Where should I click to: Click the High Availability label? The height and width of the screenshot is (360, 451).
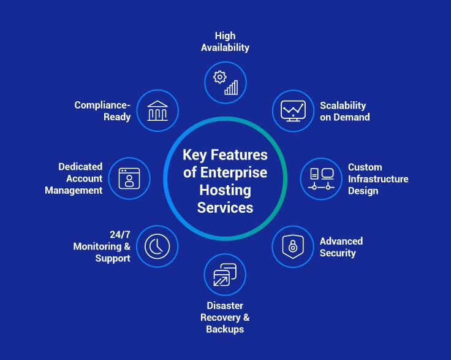(x=225, y=42)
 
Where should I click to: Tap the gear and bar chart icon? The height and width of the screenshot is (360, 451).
(x=225, y=82)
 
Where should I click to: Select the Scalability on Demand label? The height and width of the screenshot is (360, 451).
(x=344, y=111)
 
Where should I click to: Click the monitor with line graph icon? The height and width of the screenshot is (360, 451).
(x=293, y=111)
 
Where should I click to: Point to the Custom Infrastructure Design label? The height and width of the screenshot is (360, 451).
(x=377, y=178)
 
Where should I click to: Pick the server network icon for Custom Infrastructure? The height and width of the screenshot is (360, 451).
(x=321, y=178)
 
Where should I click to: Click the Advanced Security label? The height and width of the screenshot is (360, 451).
(x=341, y=247)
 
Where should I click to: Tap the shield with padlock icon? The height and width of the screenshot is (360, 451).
(x=293, y=247)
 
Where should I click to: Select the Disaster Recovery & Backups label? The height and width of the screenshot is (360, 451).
(x=225, y=317)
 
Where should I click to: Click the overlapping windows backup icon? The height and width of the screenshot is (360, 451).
(x=225, y=275)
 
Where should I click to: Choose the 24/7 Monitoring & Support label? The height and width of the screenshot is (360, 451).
(x=102, y=247)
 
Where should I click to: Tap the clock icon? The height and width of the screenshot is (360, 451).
(x=157, y=247)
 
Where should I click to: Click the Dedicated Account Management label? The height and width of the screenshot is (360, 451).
(x=80, y=178)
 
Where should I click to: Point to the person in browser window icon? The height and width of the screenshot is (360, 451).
(x=129, y=178)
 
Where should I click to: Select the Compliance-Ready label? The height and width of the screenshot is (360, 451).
(x=102, y=111)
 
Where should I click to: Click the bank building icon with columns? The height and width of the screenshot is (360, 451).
(x=157, y=111)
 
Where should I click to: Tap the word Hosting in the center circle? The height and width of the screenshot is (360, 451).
(x=225, y=190)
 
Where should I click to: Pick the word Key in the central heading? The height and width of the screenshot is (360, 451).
(x=195, y=155)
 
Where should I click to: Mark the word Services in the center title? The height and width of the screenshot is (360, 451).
(x=225, y=208)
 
